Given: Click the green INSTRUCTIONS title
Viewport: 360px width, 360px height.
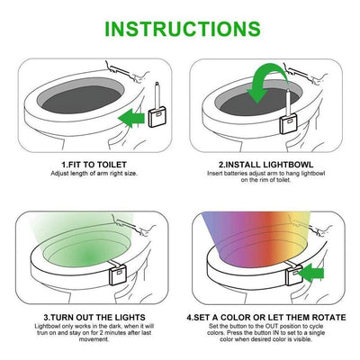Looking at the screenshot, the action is [183, 29].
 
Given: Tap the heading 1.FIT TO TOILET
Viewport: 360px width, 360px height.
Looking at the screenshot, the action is [94, 165].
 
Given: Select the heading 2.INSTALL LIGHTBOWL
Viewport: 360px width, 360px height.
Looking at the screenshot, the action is [266, 165].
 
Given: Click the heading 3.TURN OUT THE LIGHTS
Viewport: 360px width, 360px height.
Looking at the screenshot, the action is [94, 318].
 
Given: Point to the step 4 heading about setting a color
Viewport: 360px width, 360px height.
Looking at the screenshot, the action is [266, 318].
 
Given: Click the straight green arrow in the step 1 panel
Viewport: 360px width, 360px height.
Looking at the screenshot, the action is [131, 118].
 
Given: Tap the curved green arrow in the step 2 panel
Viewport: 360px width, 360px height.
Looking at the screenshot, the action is [266, 84].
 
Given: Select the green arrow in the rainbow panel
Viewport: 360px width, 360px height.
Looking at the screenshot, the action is [310, 273].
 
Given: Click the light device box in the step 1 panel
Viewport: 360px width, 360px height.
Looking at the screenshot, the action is [157, 118].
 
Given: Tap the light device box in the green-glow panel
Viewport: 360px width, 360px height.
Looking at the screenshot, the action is [117, 275].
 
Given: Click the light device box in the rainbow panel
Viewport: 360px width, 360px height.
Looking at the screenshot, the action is [294, 275].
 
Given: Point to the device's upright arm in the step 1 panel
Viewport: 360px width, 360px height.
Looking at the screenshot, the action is [157, 96].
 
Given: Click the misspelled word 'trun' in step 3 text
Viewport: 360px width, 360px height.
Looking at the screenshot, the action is [42, 333].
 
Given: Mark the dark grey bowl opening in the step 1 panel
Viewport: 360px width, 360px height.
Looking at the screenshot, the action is [81, 99].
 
